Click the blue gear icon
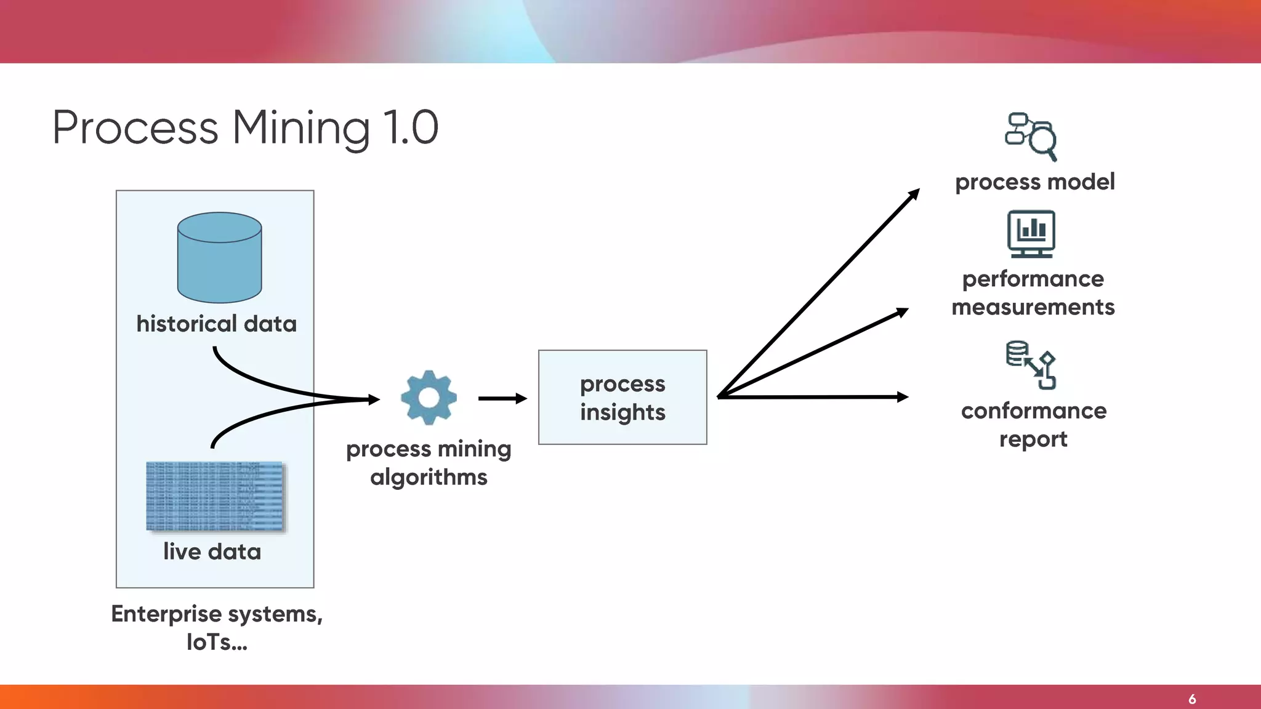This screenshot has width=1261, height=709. [x=429, y=398]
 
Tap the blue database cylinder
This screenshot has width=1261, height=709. [x=220, y=258]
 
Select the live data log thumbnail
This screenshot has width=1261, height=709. [x=216, y=496]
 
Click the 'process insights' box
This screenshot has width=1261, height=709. [x=622, y=398]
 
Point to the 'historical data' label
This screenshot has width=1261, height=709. [x=216, y=324]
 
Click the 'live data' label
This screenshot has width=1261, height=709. [x=212, y=551]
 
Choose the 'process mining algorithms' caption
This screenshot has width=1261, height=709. [x=429, y=463]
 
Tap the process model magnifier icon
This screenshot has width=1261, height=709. [x=1031, y=136]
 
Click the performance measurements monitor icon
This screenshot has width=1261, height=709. [x=1031, y=234]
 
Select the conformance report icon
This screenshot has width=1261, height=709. [x=1031, y=365]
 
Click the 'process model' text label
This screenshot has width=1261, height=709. [x=1034, y=182]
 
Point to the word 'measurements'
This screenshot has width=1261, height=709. [x=1033, y=307]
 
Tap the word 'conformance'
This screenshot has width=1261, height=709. [x=1034, y=411]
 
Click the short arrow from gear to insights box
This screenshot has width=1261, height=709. [x=502, y=399]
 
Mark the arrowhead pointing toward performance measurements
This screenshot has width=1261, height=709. [x=903, y=312]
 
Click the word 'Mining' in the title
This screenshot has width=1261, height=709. [x=300, y=128]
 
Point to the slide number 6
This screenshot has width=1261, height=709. [x=1192, y=699]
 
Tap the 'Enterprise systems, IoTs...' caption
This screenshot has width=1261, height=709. [x=217, y=628]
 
